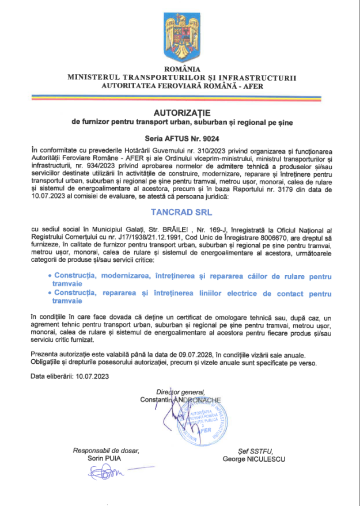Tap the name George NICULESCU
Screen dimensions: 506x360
254,459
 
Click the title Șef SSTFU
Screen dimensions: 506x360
254,451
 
